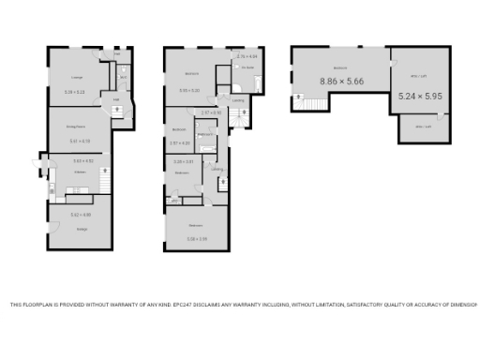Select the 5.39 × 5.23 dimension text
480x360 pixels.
pos(74,92)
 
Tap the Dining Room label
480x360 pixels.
pos(76,126)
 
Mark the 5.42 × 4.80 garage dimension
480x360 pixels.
pos(80,216)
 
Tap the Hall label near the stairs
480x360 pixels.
pos(115,99)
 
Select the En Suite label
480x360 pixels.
pos(247,68)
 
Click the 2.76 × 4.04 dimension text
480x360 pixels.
pos(247,57)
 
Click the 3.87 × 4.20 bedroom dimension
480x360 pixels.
pos(180,142)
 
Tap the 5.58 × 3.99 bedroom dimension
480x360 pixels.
pos(196,239)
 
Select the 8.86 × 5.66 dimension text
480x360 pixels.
pos(342,82)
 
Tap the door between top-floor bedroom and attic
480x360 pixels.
pos(390,64)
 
